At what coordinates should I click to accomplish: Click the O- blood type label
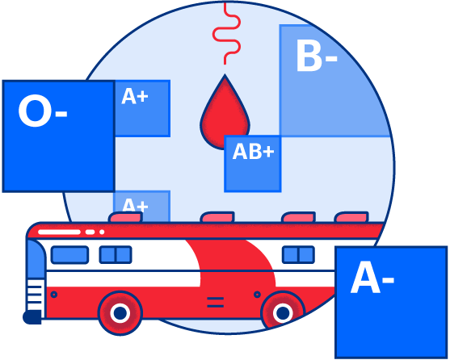[x=43, y=111]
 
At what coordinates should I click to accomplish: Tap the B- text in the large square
[x=317, y=56]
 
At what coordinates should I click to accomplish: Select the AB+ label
[x=253, y=151]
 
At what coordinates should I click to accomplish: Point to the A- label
[x=372, y=278]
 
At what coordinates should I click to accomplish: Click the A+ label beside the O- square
[x=135, y=96]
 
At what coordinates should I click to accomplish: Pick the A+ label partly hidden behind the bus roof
[x=135, y=205]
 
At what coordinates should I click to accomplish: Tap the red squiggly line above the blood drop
[x=226, y=34]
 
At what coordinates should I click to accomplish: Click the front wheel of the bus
[x=120, y=312]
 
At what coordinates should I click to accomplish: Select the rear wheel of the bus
[x=283, y=311]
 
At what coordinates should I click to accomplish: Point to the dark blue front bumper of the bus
[x=32, y=317]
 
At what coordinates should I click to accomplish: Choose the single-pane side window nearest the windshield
[x=69, y=254]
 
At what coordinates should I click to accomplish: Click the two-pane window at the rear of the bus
[x=298, y=254]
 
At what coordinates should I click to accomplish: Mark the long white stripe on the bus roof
[x=59, y=232]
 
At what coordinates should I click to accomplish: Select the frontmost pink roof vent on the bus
[x=125, y=217]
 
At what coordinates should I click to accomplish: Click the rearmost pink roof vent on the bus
[x=351, y=217]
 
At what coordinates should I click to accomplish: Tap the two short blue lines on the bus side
[x=215, y=303]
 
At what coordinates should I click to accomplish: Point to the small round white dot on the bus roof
[x=102, y=232]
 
